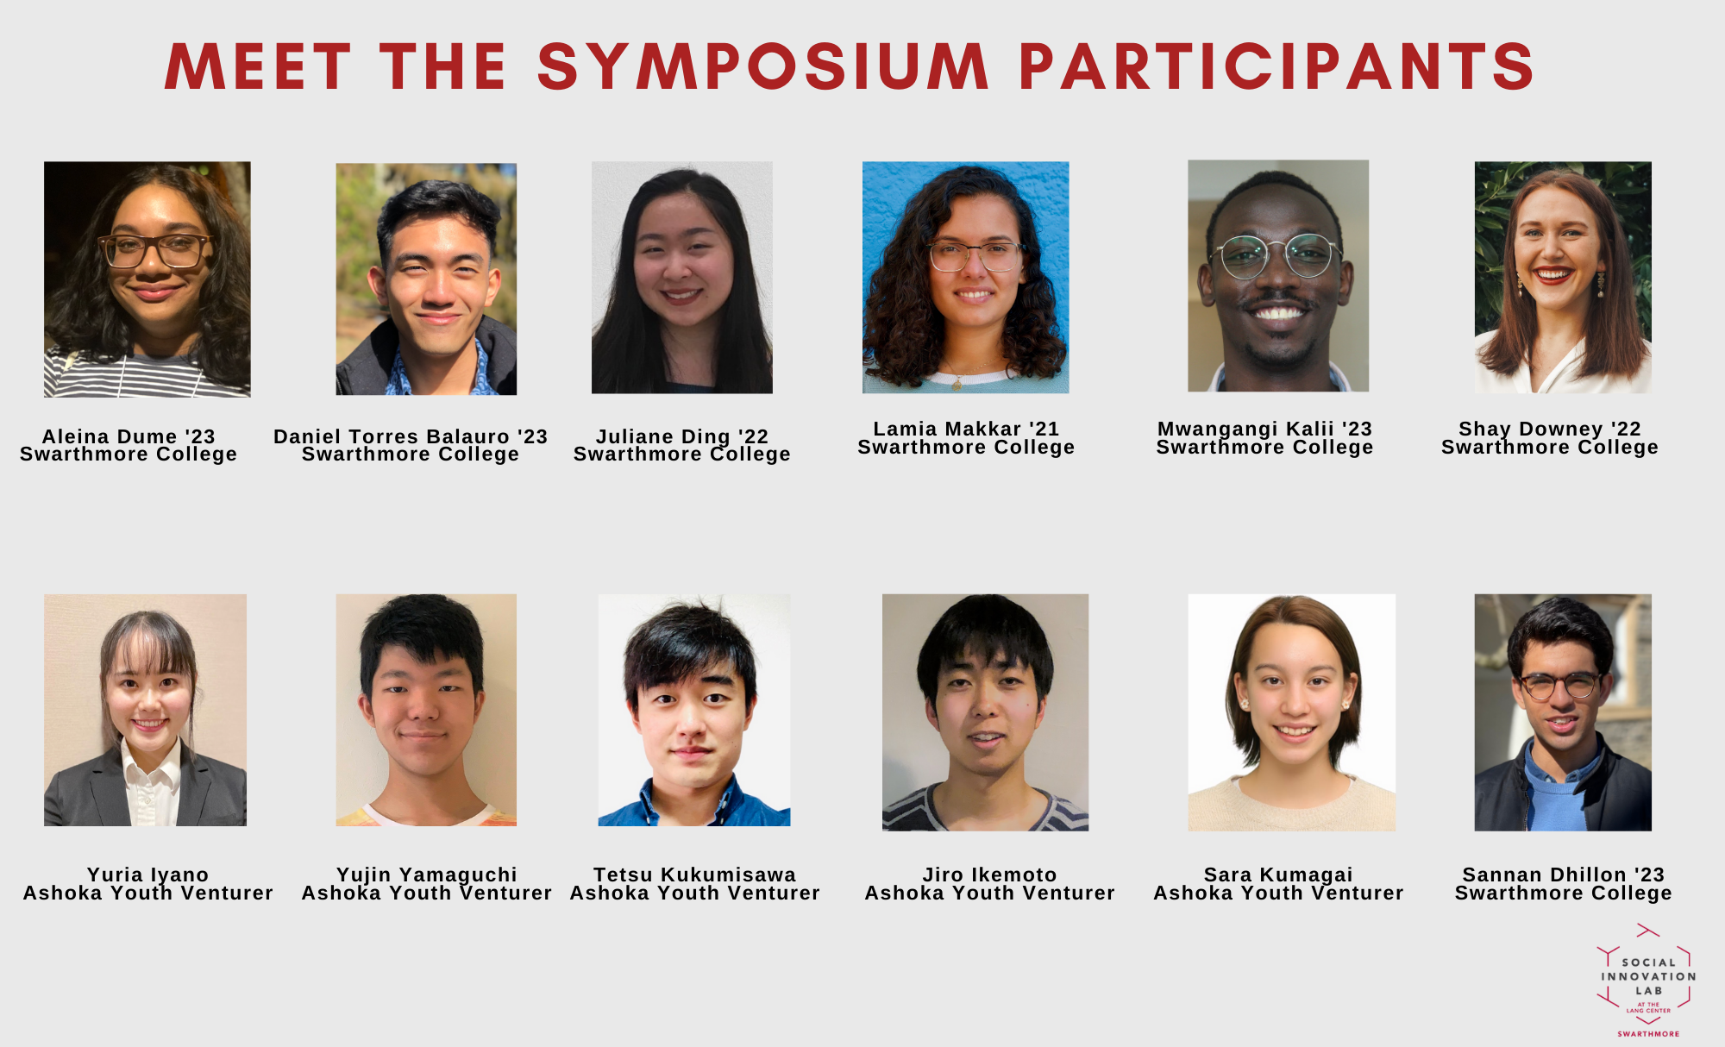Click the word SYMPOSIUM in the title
763,67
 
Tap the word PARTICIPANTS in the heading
1276,67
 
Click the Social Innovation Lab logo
1647,981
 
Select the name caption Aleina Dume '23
129,436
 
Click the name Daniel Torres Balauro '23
411,436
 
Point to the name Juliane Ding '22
682,436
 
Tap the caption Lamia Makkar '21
966,429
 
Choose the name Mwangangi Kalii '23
1264,429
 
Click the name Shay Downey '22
1550,429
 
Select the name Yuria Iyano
147,875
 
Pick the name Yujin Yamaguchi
427,875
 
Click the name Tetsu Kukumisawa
695,875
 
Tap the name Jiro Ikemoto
990,875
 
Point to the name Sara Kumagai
1278,875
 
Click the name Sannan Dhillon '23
1564,875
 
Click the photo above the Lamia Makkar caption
966,278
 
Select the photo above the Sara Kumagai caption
1291,712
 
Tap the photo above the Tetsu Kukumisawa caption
694,710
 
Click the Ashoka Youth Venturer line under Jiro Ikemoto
990,893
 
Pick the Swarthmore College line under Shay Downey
1550,448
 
